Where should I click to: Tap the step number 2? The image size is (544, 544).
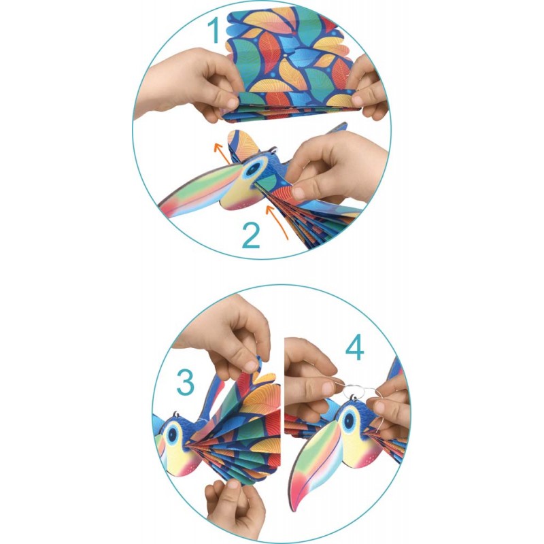pos(251,235)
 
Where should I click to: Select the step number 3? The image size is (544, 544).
pos(186,382)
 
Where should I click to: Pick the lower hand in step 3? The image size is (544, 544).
pos(235,503)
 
